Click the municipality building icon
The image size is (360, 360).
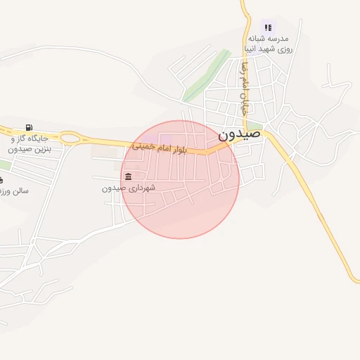tap(128, 176)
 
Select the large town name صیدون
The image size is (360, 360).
tap(239, 134)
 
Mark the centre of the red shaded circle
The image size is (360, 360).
tap(180, 179)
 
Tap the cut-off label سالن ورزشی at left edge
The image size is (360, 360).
tap(14, 191)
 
